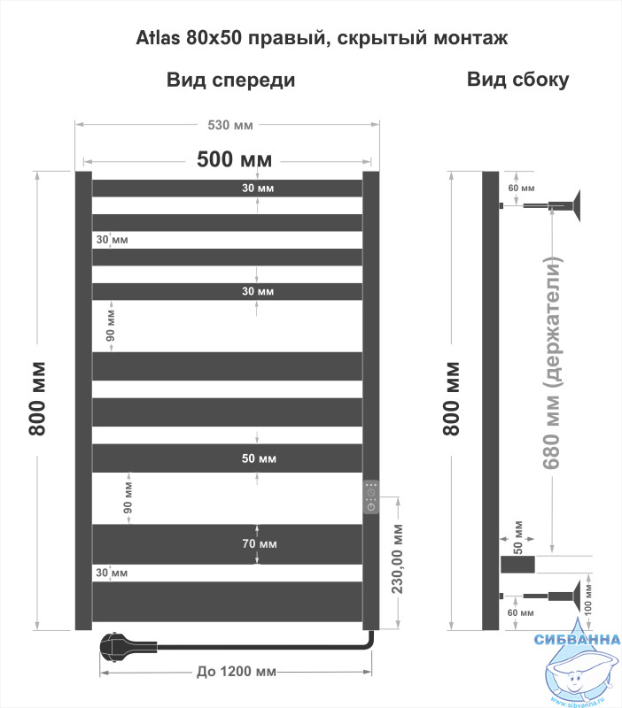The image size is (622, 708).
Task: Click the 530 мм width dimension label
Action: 230,125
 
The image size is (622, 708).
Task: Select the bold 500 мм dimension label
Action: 234,159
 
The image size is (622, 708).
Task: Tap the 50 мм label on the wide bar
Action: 259,458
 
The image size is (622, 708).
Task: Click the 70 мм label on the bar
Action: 260,543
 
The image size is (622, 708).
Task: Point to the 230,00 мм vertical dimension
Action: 397,559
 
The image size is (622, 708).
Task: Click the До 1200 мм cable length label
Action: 236,672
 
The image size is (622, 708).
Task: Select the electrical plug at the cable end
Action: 128,647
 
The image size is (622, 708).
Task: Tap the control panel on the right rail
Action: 371,496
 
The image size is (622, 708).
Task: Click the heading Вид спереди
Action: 231,80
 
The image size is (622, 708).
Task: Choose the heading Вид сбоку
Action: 518,80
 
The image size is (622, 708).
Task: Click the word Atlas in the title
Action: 158,38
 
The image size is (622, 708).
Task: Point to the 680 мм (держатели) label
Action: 551,363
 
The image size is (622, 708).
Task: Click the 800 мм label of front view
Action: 37,398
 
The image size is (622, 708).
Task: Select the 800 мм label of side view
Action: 451,398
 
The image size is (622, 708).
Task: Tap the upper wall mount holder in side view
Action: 540,206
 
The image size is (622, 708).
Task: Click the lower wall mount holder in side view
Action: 540,596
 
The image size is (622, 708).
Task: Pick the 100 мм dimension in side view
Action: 588,601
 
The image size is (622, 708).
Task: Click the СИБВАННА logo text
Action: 577,639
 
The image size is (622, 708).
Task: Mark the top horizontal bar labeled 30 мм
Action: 228,189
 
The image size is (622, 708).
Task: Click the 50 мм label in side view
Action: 518,537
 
